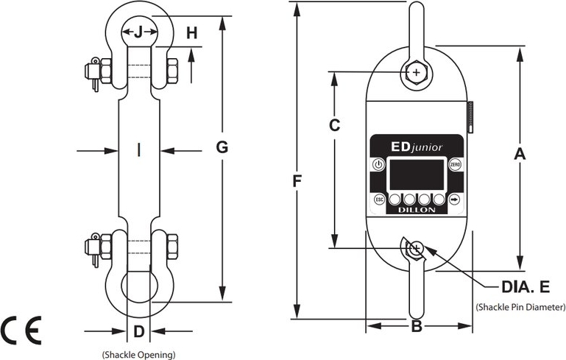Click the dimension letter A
pos(520,154)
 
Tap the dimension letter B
pos(416,326)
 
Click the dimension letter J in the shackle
pos(138,32)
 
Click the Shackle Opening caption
pos(138,355)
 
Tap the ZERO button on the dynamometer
pos(456,164)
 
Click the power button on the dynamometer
pos(378,164)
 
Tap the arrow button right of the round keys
pos(455,200)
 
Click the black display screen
pos(417,174)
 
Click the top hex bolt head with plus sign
pos(417,72)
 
